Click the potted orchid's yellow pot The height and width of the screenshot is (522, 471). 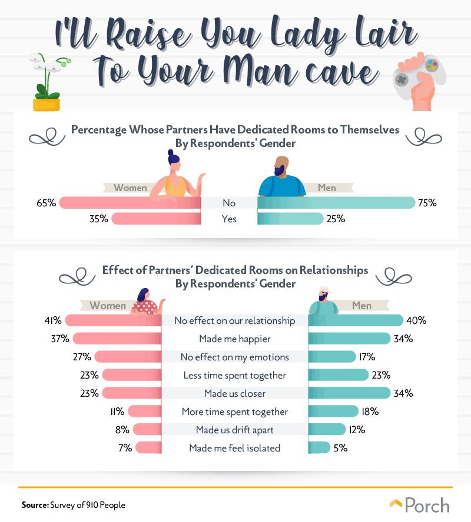point(47,105)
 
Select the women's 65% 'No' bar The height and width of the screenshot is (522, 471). point(130,203)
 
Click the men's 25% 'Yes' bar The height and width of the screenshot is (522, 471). point(290,219)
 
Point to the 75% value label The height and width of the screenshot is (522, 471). point(427,203)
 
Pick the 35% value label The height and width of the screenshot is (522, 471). point(99,219)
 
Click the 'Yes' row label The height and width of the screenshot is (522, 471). point(229,219)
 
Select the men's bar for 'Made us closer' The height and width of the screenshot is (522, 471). point(349,393)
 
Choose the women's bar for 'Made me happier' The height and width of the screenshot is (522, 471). point(117,339)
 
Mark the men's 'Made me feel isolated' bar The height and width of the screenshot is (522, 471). point(319,448)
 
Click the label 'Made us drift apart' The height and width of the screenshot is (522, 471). point(235,430)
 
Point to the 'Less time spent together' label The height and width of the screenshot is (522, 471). point(235,375)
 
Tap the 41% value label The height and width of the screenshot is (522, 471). point(54,320)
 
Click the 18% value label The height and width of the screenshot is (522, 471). point(370,411)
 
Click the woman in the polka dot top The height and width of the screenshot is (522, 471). point(147,302)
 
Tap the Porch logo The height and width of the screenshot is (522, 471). point(420,505)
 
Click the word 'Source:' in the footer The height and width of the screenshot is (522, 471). point(35,505)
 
